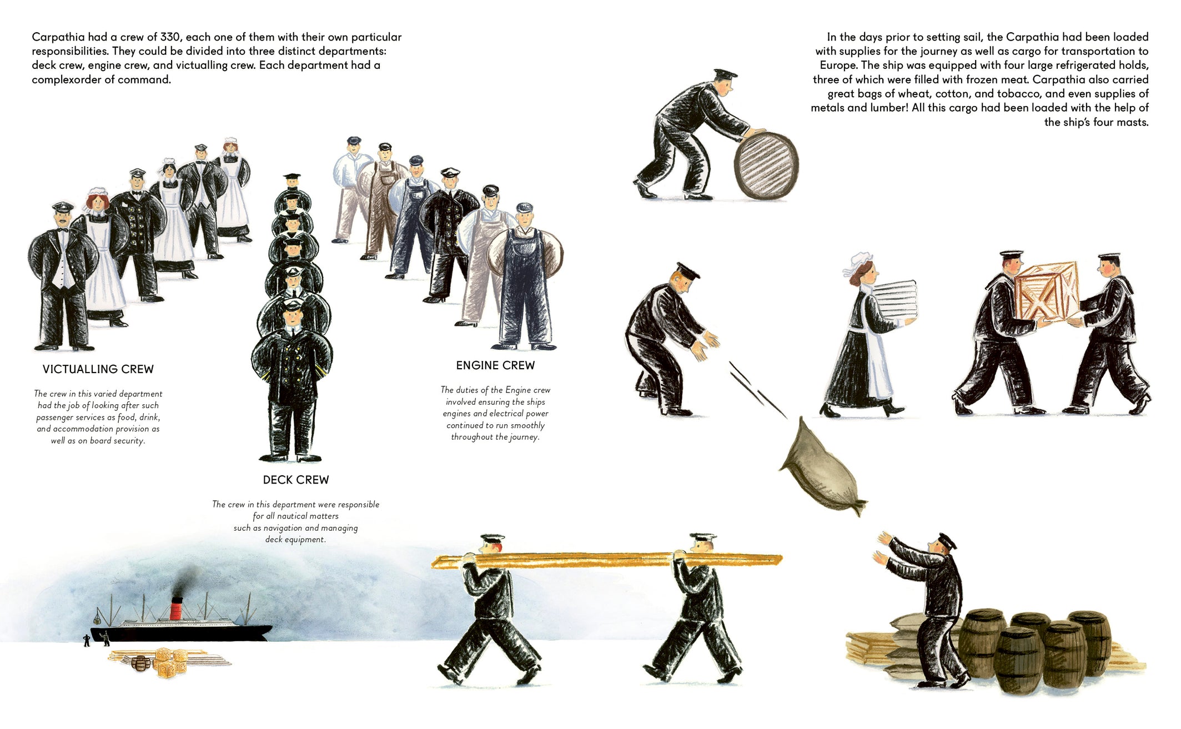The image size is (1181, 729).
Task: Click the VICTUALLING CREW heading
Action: (98, 369)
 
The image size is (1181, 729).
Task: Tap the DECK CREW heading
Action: (296, 480)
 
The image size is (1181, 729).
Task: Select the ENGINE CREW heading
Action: (495, 365)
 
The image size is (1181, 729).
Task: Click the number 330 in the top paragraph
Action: (170, 37)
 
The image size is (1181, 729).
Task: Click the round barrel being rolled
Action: (766, 165)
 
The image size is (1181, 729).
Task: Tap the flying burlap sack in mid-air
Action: (822, 466)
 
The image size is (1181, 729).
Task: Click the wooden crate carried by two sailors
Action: (1047, 293)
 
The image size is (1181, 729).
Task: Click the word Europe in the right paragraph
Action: (837, 66)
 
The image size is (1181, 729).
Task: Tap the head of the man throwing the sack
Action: (684, 277)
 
